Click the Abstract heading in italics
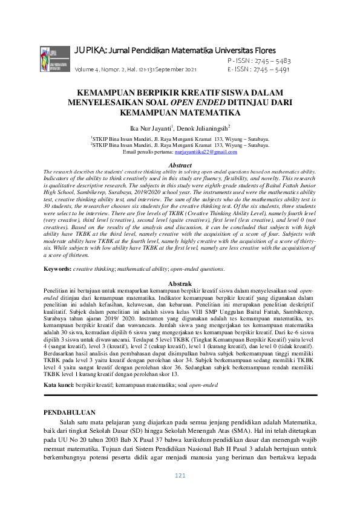[180, 165]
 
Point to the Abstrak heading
[180, 284]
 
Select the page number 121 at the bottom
[180, 493]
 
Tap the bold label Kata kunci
[60, 368]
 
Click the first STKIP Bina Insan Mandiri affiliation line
[180, 139]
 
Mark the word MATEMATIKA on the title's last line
[211, 112]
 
